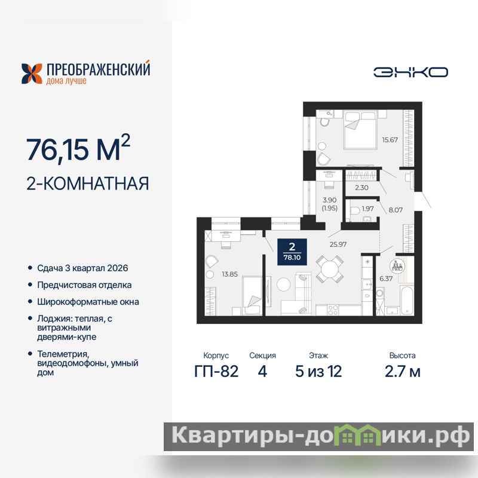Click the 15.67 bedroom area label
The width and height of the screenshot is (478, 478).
tap(390, 140)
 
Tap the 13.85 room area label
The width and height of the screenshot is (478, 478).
tap(229, 274)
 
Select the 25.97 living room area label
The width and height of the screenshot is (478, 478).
tap(338, 244)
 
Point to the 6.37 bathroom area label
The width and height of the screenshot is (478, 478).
tap(385, 278)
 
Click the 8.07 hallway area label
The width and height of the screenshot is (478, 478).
tap(396, 210)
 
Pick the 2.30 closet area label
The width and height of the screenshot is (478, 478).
tap(361, 188)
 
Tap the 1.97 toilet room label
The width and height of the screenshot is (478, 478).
tap(367, 209)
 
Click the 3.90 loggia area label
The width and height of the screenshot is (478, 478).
tap(330, 200)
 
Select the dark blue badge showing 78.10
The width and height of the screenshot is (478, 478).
tap(292, 252)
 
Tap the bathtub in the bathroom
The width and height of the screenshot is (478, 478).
tap(407, 300)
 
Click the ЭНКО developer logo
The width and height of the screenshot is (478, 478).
tap(410, 72)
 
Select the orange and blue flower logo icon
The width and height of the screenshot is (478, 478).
tap(32, 73)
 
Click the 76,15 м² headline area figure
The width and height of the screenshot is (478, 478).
tap(78, 148)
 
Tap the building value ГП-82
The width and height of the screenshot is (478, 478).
tap(216, 371)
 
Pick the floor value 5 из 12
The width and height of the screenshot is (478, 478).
tap(318, 371)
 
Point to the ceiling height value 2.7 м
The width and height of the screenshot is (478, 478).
tap(402, 371)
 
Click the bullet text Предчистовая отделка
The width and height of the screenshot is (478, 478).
tap(84, 285)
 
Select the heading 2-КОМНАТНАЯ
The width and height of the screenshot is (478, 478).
tap(88, 183)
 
